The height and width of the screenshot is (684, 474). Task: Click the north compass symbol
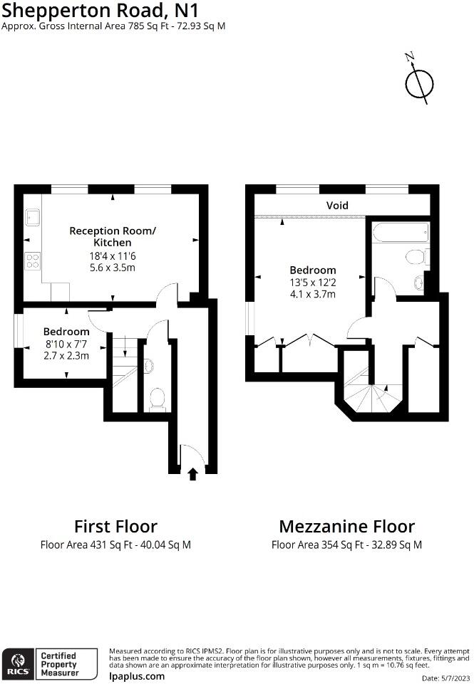[x=419, y=83]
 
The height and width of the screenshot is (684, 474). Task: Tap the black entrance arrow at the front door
[x=192, y=474]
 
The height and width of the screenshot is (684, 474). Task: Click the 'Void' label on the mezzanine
[x=337, y=205]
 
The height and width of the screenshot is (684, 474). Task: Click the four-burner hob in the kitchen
[x=33, y=261]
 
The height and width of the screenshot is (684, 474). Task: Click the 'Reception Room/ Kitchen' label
[x=112, y=236]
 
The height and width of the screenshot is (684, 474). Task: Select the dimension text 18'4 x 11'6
[x=112, y=256]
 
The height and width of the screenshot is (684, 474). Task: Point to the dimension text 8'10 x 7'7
[x=66, y=344]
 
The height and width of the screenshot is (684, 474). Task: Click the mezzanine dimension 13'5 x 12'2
[x=312, y=283]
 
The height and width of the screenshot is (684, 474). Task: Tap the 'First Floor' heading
[x=115, y=527]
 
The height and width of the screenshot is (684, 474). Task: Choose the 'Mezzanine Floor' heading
[x=346, y=527]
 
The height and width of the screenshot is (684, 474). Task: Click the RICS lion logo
[x=18, y=663]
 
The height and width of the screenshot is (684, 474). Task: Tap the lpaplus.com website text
[x=137, y=677]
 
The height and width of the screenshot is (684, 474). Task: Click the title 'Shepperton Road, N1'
[x=100, y=11]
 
